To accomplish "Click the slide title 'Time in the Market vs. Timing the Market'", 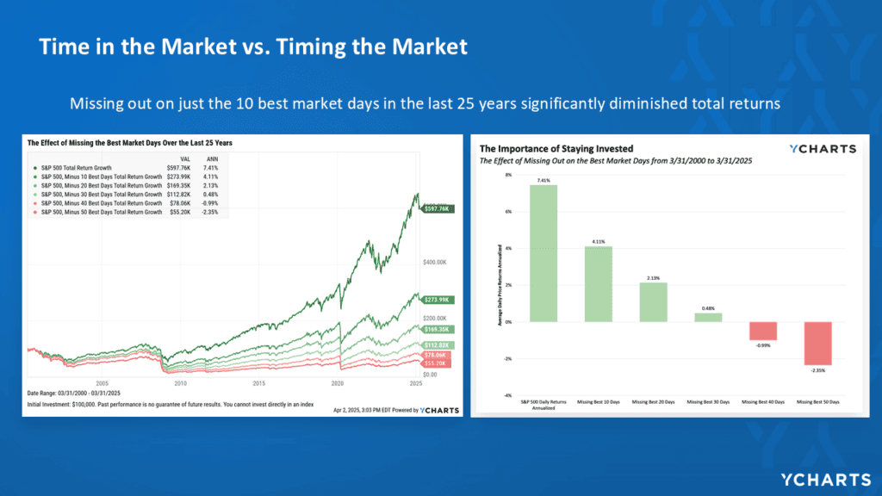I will (x=252, y=46).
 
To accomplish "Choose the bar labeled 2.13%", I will (x=652, y=302).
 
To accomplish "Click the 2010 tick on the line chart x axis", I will (x=181, y=382).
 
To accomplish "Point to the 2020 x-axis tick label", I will (x=338, y=382).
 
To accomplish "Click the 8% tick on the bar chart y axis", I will (x=508, y=175).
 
